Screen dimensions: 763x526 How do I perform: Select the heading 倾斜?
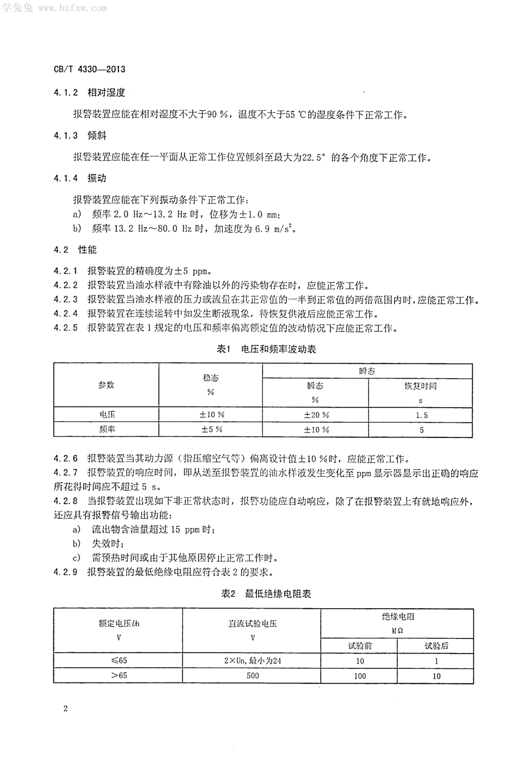click(x=97, y=135)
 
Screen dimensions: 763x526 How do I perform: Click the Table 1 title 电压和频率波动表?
click(x=278, y=349)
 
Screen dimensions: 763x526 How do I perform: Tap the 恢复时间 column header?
click(x=421, y=386)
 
